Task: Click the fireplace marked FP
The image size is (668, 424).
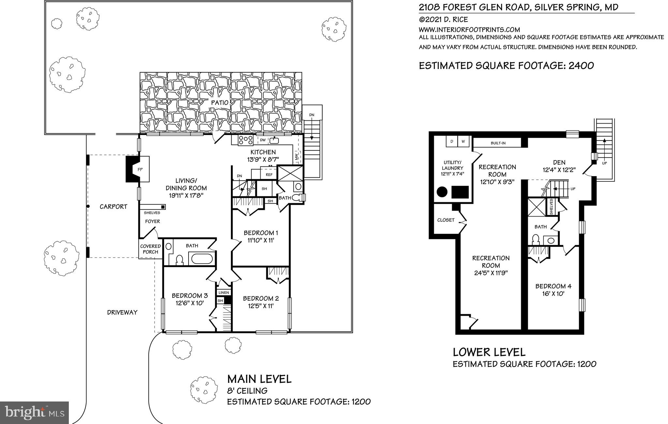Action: click(138, 169)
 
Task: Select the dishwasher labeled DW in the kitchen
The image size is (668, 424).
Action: click(263, 141)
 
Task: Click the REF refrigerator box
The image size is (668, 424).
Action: click(269, 175)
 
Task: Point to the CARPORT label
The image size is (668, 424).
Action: click(113, 207)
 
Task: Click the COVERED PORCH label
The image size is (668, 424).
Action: click(150, 249)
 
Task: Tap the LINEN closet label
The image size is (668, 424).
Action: click(223, 293)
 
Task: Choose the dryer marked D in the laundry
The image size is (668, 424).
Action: click(452, 142)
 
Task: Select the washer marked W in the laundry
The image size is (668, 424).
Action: click(463, 142)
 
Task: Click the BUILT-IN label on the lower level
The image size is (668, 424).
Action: click(498, 143)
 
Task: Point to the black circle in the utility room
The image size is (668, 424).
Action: click(442, 192)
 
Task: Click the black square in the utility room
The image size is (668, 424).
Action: click(460, 192)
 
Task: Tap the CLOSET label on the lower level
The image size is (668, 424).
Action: click(446, 220)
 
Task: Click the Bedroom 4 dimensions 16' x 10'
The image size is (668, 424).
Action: click(553, 294)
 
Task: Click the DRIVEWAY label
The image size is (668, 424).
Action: click(122, 312)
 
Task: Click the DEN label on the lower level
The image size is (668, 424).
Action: click(559, 162)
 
